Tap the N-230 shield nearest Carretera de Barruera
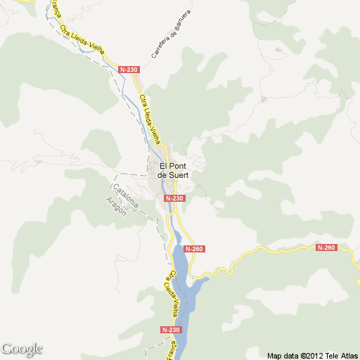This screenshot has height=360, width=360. (129, 70)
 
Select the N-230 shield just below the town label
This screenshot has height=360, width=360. (175, 198)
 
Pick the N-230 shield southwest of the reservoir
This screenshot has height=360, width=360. (171, 329)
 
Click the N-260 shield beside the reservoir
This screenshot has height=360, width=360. (194, 249)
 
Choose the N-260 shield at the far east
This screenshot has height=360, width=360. (326, 247)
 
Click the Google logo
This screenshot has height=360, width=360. (22, 349)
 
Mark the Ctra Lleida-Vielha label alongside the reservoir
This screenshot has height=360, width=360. (173, 292)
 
